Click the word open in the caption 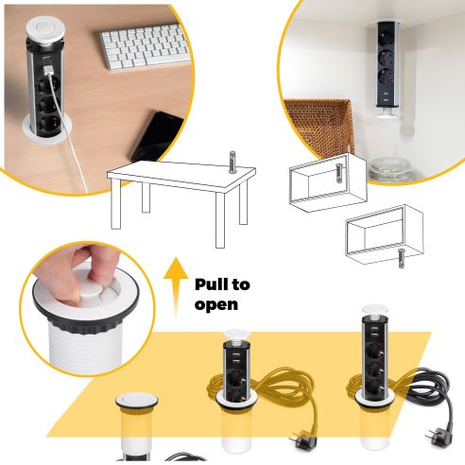point(216,304)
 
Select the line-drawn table point(180,189)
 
